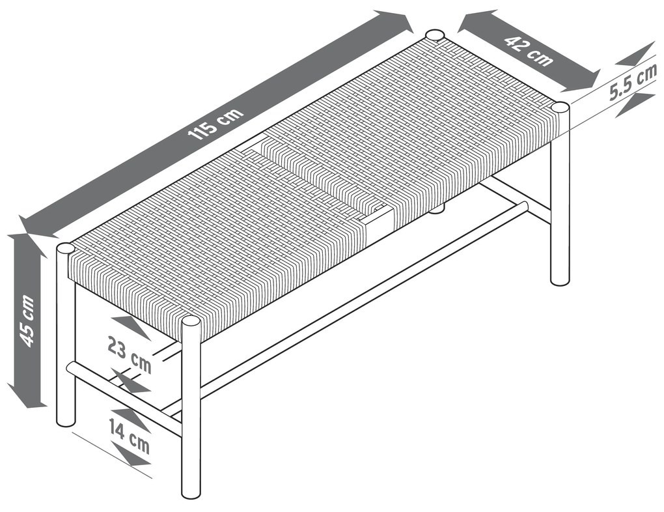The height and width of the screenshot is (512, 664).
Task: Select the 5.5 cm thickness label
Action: pos(633,82)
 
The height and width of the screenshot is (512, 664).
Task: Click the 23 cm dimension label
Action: pos(129,354)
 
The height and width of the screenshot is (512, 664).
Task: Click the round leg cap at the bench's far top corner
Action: pos(434,35)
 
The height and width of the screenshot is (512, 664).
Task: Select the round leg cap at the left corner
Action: pos(65,248)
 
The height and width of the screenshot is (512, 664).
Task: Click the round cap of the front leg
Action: pos(191,322)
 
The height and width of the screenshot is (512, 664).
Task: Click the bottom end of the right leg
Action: pos(560,281)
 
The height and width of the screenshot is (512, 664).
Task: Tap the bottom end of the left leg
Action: pos(66,423)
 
